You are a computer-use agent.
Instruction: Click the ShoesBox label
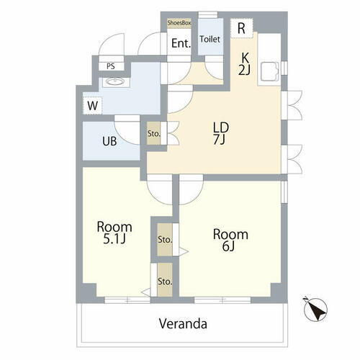pos(179,23)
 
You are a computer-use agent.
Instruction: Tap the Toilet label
pos(210,40)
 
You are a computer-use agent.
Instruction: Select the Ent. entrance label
pos(181,43)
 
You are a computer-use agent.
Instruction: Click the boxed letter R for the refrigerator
pos(242,28)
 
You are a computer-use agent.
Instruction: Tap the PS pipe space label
pos(110,66)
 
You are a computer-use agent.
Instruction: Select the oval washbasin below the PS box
pos(114,81)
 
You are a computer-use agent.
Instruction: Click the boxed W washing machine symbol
pos(93,106)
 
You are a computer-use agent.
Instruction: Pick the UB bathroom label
pos(109,140)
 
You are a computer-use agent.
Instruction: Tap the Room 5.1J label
pos(114,232)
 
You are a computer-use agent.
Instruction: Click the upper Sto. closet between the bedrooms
pos(164,239)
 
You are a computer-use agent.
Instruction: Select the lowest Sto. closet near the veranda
pos(164,282)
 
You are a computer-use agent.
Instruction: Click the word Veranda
pos(184,323)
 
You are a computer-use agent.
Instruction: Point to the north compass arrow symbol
pos(314,310)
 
